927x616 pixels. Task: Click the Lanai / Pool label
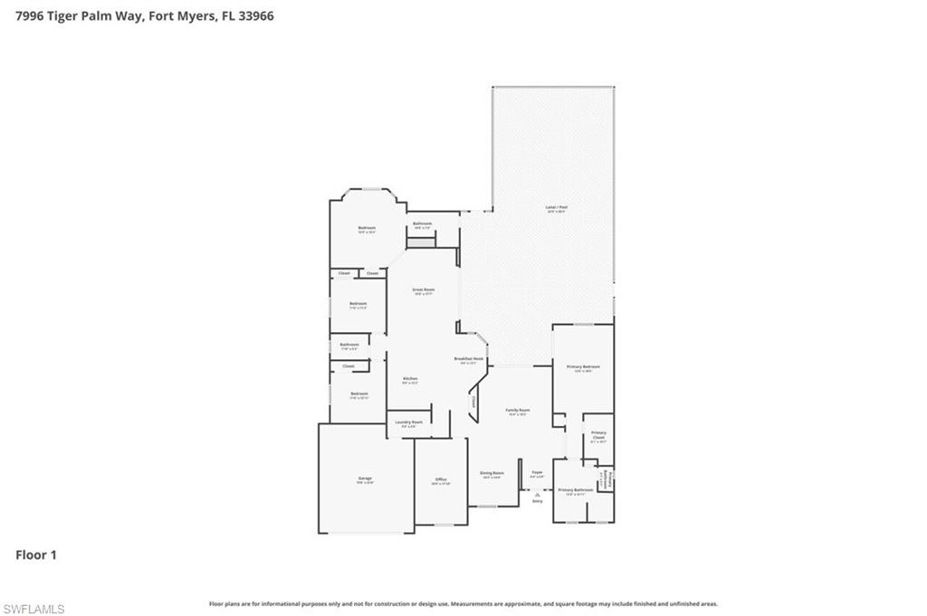coord(556,207)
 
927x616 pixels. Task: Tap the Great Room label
coord(424,289)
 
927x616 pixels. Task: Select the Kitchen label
coord(410,378)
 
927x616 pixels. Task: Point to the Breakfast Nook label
coord(469,358)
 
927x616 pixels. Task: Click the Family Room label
coord(517,410)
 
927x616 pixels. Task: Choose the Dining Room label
coord(492,473)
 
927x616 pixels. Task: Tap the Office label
coord(441,479)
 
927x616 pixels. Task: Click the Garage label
coord(365,479)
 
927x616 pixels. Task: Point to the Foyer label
coord(537,472)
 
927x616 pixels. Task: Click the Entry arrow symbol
coord(537,494)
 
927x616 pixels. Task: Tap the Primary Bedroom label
coord(584,366)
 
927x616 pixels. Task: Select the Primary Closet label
coord(598,435)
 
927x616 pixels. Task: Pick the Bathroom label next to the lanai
coord(422,223)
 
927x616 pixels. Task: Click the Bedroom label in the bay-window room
coord(367,228)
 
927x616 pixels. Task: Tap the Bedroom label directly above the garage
coord(359,393)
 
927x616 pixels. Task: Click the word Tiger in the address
coord(70,15)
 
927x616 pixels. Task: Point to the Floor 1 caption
coord(36,554)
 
